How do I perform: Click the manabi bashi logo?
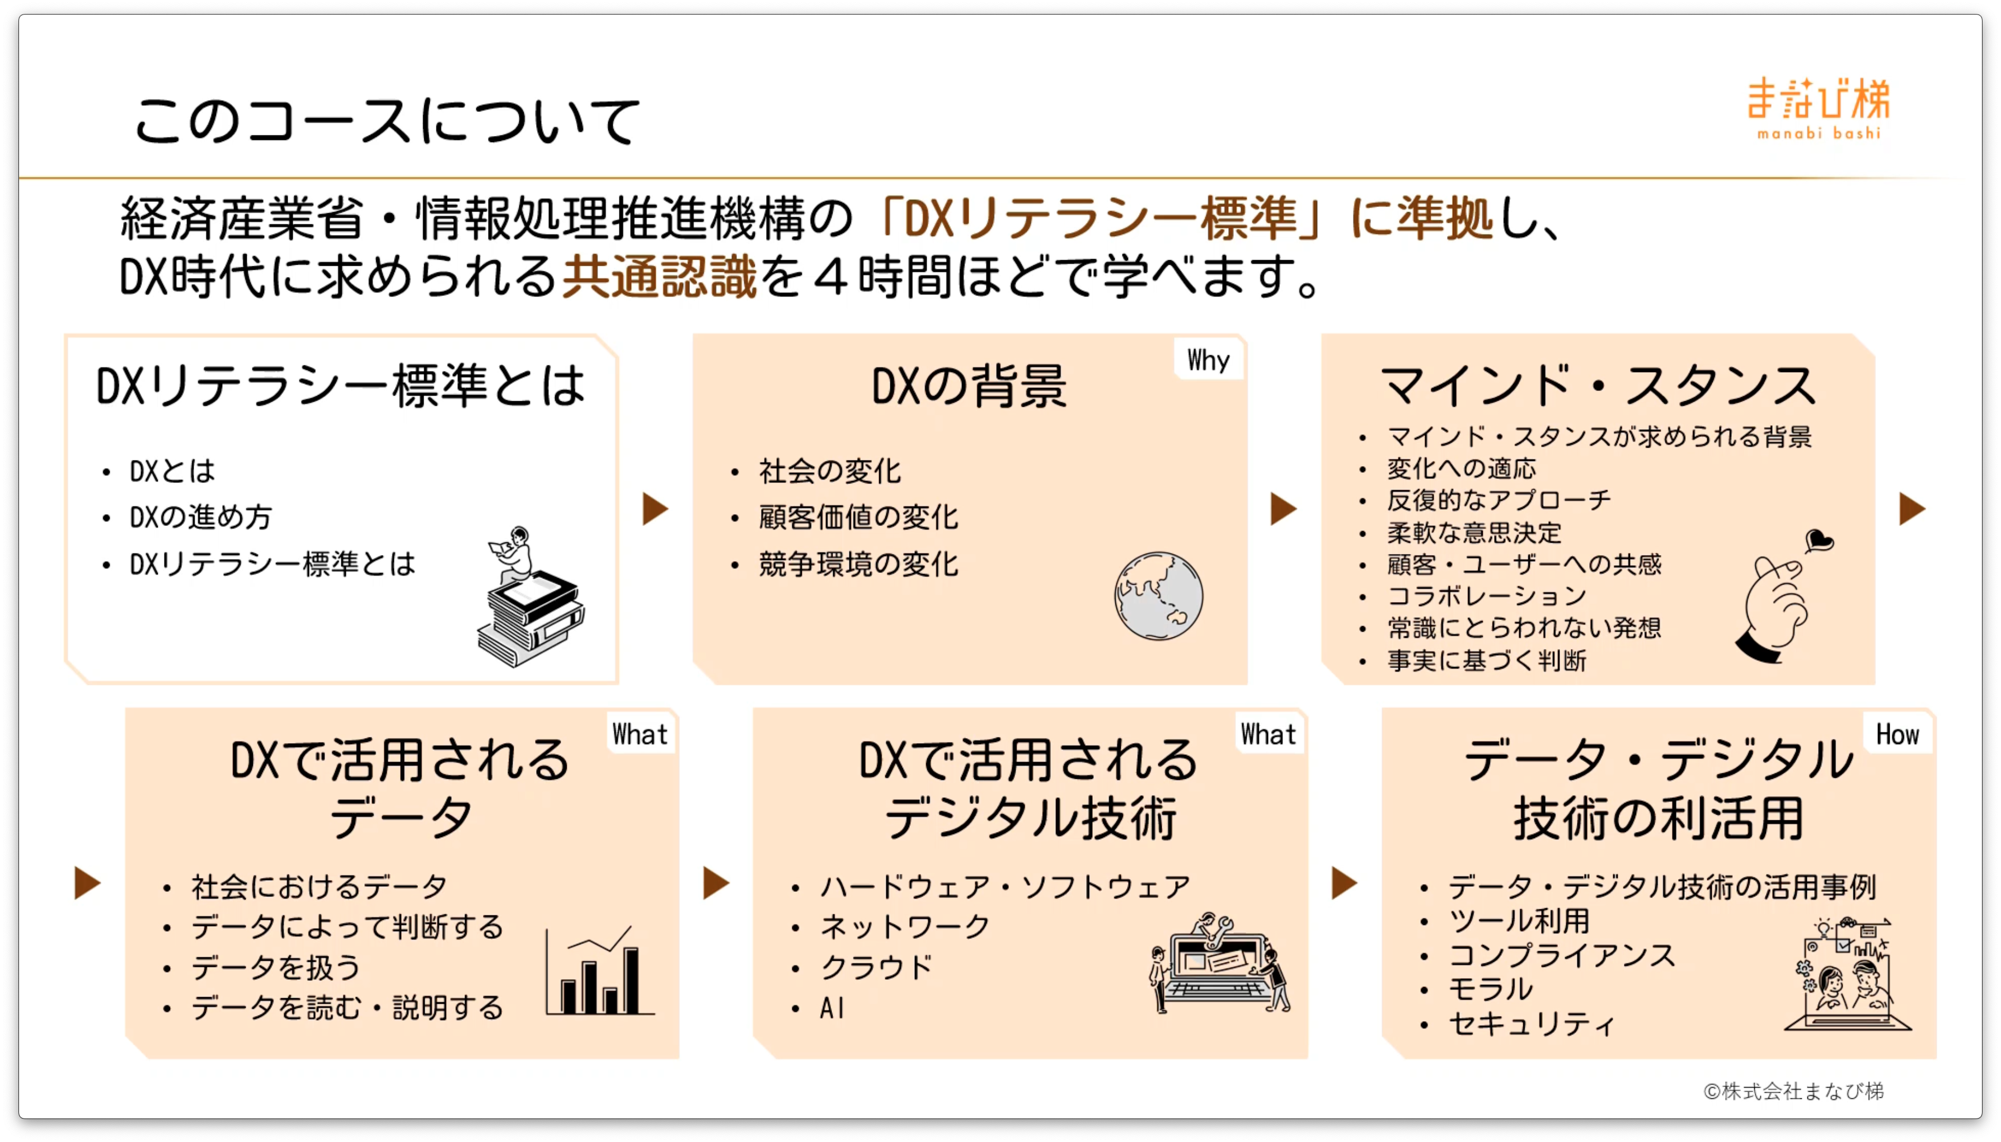(1818, 108)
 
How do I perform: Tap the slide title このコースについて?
(387, 121)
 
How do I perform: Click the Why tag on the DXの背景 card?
(1208, 360)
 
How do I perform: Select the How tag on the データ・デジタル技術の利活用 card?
(1897, 734)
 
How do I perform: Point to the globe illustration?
(1158, 596)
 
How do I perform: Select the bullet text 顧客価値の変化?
(858, 518)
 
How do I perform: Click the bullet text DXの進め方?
(201, 518)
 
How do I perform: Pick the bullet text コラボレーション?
(1486, 596)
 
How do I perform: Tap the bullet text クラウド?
(876, 967)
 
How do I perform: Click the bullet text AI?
(832, 1008)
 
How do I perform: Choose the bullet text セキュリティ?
(1531, 1023)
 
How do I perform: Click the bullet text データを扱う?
(275, 967)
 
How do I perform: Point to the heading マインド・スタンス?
(1598, 386)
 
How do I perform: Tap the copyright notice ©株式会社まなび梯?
(1793, 1091)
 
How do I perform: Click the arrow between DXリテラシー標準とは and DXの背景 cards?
(655, 509)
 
